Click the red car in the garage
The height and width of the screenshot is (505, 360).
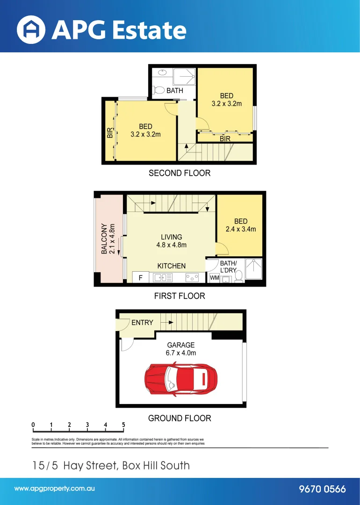[x=181, y=378]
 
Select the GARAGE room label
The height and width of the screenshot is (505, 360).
[x=180, y=346]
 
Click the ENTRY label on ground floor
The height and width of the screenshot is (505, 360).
[x=142, y=323]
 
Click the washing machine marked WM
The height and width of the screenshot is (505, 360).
[x=214, y=278]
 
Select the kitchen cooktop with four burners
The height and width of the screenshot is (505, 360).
[x=192, y=278]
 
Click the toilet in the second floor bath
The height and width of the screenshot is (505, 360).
[x=159, y=90]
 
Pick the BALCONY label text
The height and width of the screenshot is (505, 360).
[x=105, y=238]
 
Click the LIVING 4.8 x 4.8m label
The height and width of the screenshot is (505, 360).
[x=171, y=241]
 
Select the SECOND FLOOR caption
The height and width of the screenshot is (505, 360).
[x=180, y=173]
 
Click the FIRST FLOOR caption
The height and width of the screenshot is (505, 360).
[x=180, y=296]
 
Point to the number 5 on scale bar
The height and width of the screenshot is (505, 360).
[x=123, y=425]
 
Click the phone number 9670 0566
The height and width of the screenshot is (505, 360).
[x=322, y=489]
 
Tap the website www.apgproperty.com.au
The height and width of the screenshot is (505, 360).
[x=55, y=489]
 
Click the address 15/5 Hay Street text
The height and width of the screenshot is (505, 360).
[x=111, y=465]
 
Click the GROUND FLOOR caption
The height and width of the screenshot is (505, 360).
[x=180, y=418]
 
